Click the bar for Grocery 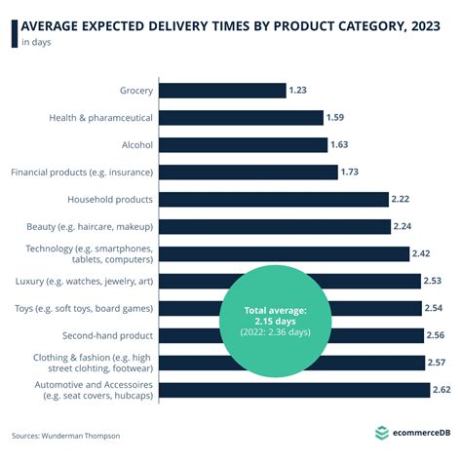coord(221,91)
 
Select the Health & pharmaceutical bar coord(240,118)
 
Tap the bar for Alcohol coord(243,145)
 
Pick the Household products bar coord(273,200)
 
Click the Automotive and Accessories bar coord(293,390)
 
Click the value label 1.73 coord(352,173)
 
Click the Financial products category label coord(81,173)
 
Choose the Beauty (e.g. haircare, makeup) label coord(89,227)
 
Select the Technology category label coord(90,254)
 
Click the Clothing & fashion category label coord(93,363)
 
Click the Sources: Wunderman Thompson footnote coord(67,436)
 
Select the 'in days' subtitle coord(37,43)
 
